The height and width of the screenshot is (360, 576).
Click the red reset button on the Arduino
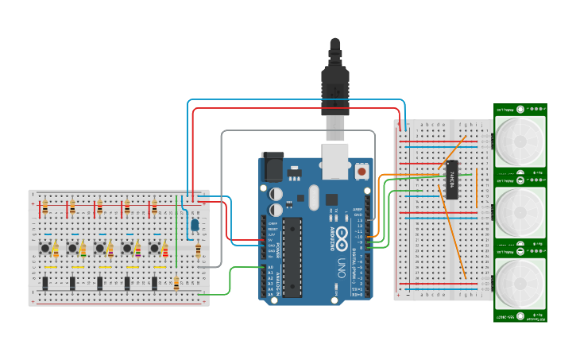pyautogui.click(x=361, y=170)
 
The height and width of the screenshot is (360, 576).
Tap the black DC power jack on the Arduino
pyautogui.click(x=273, y=168)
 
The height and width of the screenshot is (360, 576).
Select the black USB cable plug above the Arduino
pyautogui.click(x=335, y=83)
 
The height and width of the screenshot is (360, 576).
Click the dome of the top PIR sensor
pyautogui.click(x=520, y=141)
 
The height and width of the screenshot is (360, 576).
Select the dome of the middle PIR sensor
pyautogui.click(x=520, y=212)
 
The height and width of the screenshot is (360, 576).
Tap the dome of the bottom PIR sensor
pyautogui.click(x=520, y=283)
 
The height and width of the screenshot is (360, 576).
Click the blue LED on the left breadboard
pyautogui.click(x=194, y=226)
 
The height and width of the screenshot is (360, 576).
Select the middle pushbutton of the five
pyautogui.click(x=99, y=249)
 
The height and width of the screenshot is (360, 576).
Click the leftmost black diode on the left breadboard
pyautogui.click(x=45, y=283)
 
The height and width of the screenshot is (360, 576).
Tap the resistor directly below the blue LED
pyautogui.click(x=197, y=251)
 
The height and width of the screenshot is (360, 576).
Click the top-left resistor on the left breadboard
pyautogui.click(x=45, y=207)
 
